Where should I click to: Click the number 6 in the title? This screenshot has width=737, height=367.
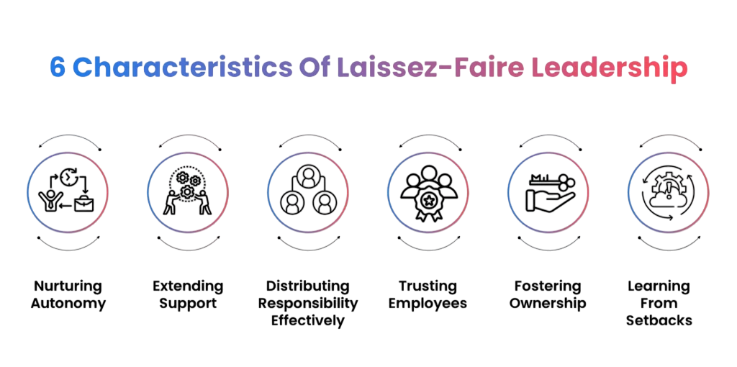pos(57,67)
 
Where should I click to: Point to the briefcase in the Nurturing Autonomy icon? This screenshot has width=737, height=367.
pos(83,204)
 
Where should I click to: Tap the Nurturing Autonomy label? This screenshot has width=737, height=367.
pos(68,294)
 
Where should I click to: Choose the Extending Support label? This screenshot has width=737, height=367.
pos(188,294)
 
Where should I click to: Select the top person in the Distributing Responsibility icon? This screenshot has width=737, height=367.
pos(307,176)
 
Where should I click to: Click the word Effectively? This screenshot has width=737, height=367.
pos(307,320)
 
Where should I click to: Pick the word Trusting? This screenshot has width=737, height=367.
pos(428,286)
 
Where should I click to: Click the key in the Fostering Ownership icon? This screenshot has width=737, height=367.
pos(548,181)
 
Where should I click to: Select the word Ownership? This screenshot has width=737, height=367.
pos(548,303)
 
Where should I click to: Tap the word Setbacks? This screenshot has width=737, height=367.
pos(659,320)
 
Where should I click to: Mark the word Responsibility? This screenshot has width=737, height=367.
pos(307,303)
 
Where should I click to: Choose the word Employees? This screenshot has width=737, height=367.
pos(428,303)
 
